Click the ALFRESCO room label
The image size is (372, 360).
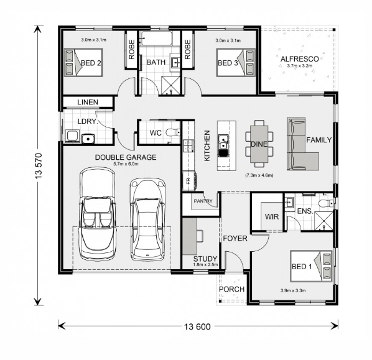[299, 59]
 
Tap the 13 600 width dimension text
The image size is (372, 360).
[197, 327]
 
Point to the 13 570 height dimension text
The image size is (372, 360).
[39, 166]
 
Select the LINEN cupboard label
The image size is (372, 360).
[88, 102]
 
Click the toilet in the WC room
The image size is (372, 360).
[173, 132]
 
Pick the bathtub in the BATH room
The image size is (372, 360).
[156, 38]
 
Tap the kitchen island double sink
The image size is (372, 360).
[223, 142]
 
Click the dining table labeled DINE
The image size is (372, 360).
[259, 144]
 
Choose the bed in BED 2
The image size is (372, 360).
[83, 63]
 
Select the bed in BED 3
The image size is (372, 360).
[236, 63]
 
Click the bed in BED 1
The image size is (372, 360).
[311, 266]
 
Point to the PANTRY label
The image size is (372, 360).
[203, 201]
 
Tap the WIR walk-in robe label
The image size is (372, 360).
[272, 216]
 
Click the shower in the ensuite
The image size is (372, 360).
[323, 221]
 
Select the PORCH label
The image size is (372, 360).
[231, 289]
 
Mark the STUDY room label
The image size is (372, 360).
[205, 259]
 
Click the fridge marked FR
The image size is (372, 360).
[189, 181]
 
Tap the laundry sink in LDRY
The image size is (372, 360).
[88, 139]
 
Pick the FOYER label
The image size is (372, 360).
[235, 239]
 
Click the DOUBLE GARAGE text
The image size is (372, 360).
[126, 157]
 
